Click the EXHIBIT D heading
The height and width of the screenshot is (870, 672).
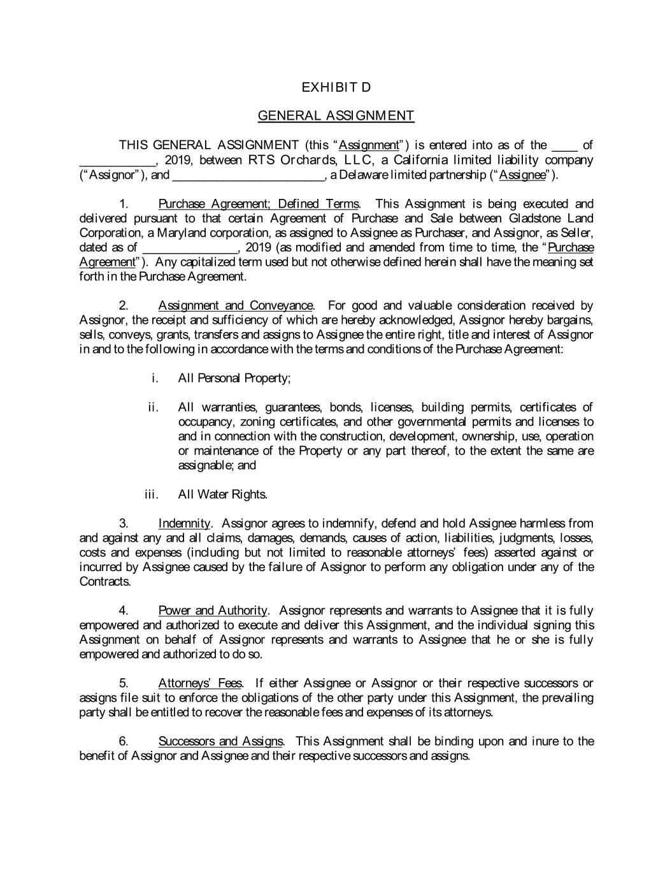(336, 87)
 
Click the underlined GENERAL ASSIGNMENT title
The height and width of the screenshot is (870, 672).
(336, 115)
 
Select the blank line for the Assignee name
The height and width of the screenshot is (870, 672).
(248, 175)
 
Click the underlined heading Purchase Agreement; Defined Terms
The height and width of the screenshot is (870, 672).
(258, 204)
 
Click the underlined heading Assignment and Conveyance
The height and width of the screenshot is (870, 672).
(235, 306)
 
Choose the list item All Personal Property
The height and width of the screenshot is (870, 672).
(234, 379)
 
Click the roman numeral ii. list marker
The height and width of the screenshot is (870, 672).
(153, 407)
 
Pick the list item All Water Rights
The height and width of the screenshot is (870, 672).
(222, 495)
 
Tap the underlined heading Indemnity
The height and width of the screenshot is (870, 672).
(183, 524)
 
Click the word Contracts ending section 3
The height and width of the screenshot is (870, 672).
(104, 582)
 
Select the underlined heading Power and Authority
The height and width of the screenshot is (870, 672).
(212, 611)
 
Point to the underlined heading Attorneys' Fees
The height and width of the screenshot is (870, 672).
(199, 684)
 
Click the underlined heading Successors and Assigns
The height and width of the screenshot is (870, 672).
(220, 741)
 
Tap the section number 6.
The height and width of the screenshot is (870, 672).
(124, 741)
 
